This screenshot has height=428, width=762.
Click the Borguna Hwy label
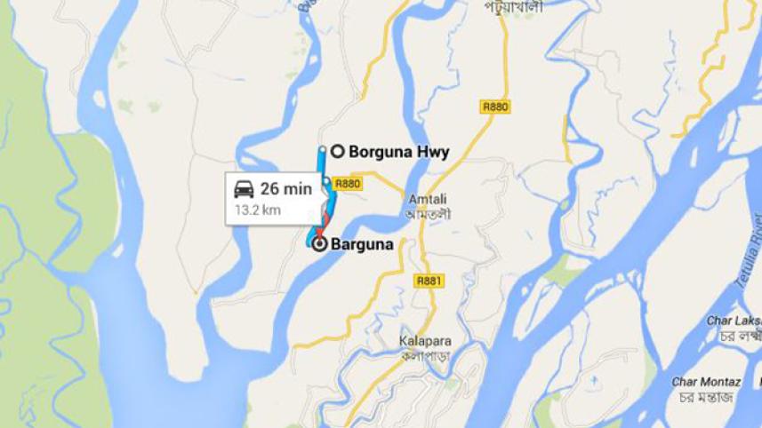[x=398, y=152]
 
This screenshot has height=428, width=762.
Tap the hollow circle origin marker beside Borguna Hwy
[x=338, y=151]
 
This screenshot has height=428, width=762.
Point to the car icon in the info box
[x=244, y=189]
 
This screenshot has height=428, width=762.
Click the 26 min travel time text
[x=285, y=188]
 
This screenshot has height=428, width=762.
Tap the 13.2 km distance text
[x=258, y=211]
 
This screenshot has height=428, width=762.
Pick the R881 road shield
[x=429, y=281]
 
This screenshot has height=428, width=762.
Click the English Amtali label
[x=425, y=200]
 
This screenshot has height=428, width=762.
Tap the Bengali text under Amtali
[x=425, y=214]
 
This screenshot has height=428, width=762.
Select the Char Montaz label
[x=706, y=383]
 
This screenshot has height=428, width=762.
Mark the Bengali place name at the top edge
[x=513, y=6]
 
